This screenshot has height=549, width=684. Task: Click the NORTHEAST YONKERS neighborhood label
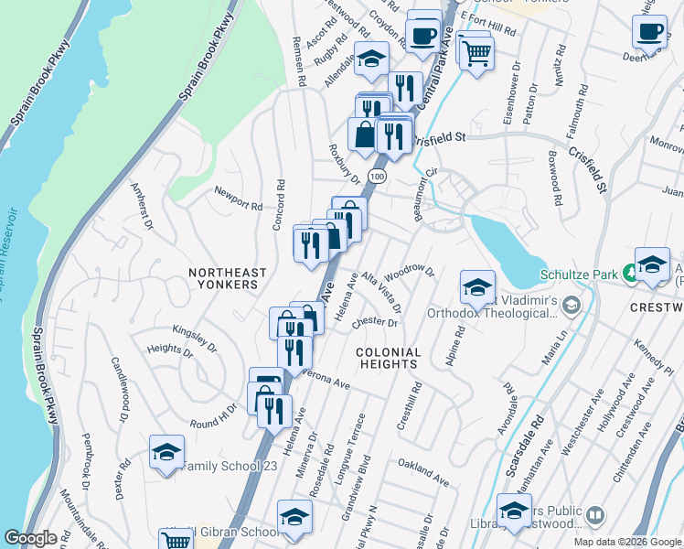coord(228,278)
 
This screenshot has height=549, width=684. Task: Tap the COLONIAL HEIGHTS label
coord(388,358)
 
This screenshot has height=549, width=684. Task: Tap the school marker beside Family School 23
coord(166,453)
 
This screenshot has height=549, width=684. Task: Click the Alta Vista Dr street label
coord(381,290)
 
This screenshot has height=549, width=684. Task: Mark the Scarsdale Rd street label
coord(524,447)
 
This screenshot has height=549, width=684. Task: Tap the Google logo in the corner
coord(30,539)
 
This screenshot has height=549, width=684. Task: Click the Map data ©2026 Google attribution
coord(626,542)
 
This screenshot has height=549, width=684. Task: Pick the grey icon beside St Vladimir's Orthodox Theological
coord(572,305)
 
